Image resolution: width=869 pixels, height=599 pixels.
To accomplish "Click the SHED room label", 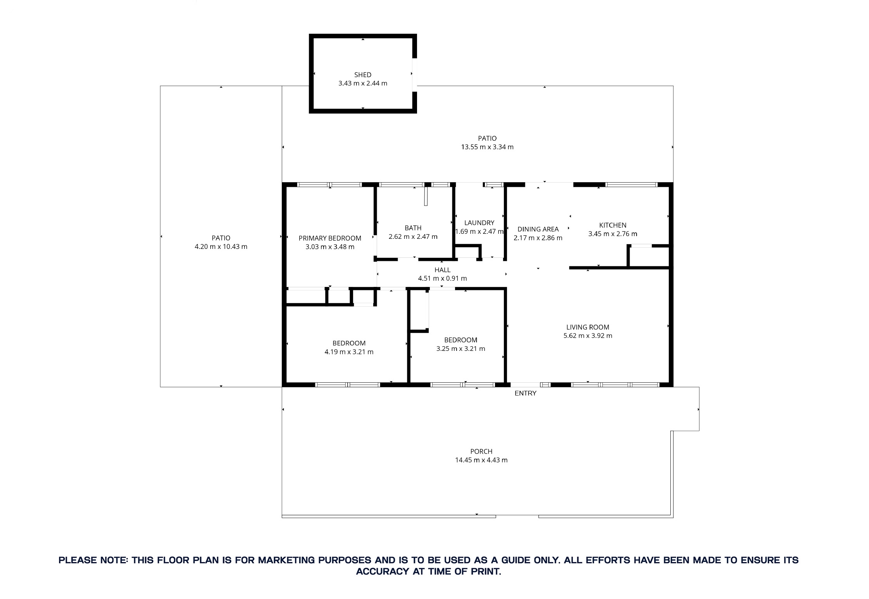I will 362,75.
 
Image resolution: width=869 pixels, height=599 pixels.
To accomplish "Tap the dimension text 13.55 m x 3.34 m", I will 487,147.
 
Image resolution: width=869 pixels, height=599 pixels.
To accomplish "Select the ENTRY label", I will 525,393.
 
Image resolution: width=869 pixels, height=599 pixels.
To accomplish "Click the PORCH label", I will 481,451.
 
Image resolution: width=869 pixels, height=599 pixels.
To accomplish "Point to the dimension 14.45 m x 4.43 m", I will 481,460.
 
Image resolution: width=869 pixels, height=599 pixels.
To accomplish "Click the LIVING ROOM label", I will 587,327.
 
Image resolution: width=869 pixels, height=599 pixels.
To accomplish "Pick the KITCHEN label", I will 613,225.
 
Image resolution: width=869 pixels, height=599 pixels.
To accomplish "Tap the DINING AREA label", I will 538,229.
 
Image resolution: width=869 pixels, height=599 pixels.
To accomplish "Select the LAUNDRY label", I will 479,223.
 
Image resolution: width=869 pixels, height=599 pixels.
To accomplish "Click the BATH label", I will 413,228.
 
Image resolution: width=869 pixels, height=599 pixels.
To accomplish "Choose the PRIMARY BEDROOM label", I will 330,238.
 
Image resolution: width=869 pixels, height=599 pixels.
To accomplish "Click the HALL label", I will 442,270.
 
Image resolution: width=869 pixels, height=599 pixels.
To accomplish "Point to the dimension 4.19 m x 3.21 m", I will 349,352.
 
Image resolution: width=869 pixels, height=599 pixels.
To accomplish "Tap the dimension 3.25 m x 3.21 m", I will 460,349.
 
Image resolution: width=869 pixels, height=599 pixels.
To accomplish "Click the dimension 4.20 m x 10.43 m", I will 221,247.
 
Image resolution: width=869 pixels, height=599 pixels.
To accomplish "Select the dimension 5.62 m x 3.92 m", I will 587,336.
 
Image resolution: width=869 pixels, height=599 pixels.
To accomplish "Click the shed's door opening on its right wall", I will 414,75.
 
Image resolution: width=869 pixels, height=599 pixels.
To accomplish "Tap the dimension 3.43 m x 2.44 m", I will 362,83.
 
